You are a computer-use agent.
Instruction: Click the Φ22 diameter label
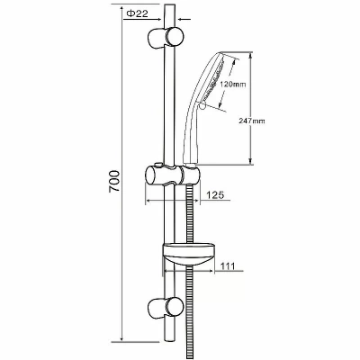137,13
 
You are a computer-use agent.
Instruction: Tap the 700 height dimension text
114,182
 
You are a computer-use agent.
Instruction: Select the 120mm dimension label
232,85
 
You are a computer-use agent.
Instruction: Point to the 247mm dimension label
252,121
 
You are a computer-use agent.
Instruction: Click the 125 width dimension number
215,195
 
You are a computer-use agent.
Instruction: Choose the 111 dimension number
228,265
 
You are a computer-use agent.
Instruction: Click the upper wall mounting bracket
166,37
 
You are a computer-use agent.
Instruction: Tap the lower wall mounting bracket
166,307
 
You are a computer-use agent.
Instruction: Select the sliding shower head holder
173,175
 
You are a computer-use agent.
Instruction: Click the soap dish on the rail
188,255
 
